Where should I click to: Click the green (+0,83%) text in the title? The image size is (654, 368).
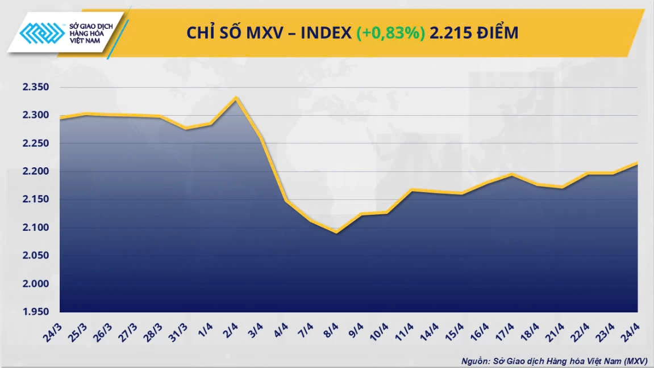click(390, 33)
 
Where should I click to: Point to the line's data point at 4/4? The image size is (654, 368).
click(287, 200)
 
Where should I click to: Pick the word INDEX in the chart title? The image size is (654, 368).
click(326, 33)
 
